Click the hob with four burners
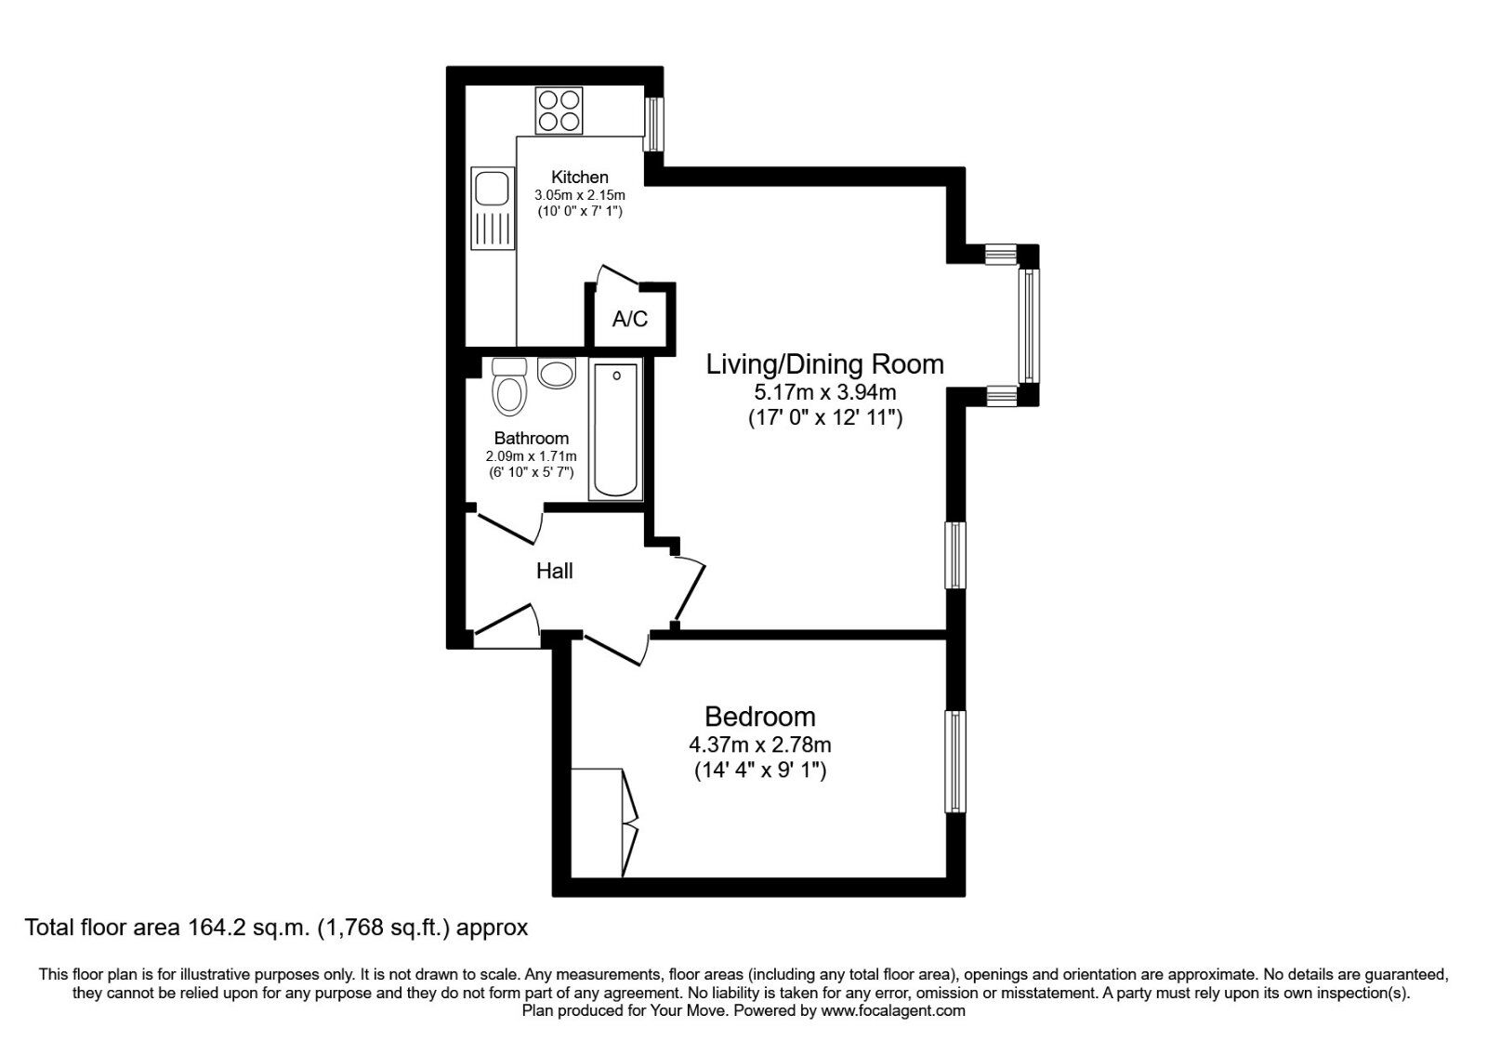[559, 111]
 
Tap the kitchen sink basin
[490, 189]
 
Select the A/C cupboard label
[630, 320]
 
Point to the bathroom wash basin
[557, 374]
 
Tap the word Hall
[555, 571]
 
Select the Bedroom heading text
[760, 717]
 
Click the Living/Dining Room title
[825, 364]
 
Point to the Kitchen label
[580, 177]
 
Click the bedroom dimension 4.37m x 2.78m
[760, 745]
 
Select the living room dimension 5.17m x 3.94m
[825, 392]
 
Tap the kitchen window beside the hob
[654, 124]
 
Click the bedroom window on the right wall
[955, 761]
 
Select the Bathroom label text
[532, 438]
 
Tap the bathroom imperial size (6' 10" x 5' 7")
[532, 472]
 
